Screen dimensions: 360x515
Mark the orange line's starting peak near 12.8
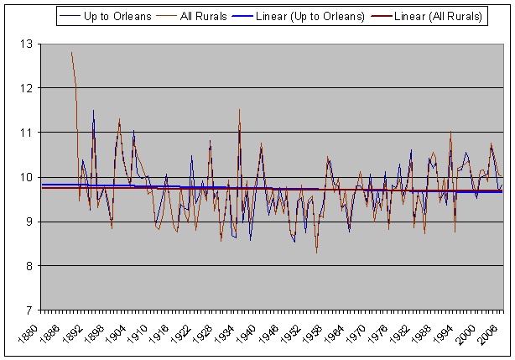coord(72,53)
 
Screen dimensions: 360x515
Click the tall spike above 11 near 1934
coord(239,109)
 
